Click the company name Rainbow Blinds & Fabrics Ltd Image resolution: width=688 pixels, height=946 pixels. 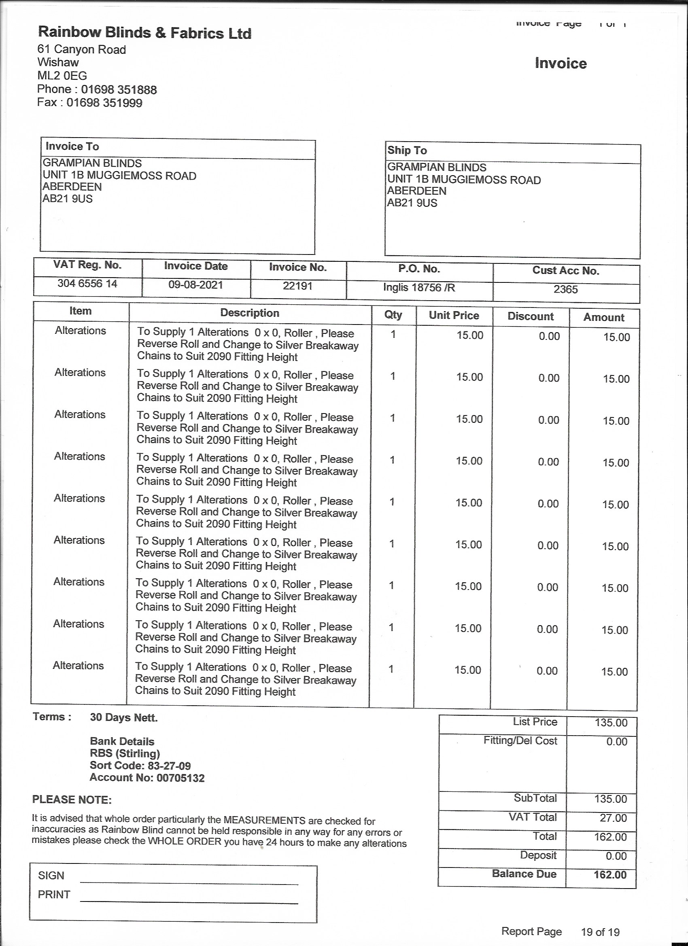(x=144, y=32)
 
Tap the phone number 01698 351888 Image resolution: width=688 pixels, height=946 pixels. (x=119, y=90)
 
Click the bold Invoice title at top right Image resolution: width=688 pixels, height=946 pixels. (x=561, y=64)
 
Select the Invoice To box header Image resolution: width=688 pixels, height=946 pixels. (x=72, y=146)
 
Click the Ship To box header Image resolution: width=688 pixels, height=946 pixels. (x=407, y=150)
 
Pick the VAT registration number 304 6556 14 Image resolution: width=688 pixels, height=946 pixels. (x=87, y=284)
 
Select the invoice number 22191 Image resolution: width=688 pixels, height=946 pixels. (x=297, y=286)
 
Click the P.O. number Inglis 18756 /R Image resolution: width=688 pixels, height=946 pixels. (x=419, y=287)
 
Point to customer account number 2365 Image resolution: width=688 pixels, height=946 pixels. (x=565, y=289)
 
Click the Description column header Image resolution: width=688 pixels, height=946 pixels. (x=249, y=313)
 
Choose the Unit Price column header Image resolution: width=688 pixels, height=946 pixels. (x=454, y=315)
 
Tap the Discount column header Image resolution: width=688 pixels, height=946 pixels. (x=530, y=316)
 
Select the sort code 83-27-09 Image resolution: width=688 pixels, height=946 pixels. (x=169, y=766)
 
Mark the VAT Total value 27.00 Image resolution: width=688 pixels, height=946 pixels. (x=613, y=818)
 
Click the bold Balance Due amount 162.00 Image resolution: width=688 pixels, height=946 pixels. (x=610, y=875)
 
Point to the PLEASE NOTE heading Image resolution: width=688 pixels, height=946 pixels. (x=72, y=800)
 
